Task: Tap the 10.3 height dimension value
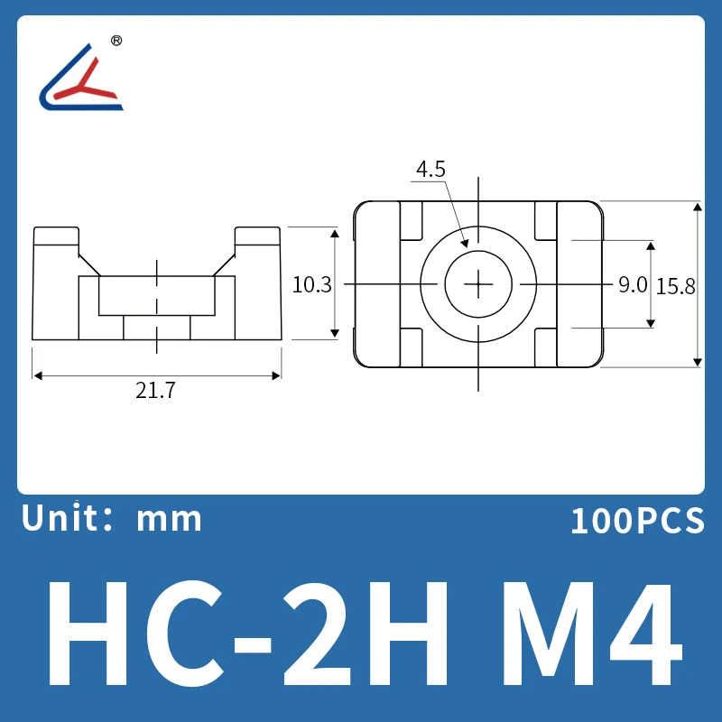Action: pos(312,284)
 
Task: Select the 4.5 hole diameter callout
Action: pos(430,169)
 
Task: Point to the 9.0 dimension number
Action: pos(633,285)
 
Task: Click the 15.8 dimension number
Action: pos(676,286)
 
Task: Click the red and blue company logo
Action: pos(81,79)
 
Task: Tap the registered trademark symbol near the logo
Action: pos(116,41)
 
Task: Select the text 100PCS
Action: pos(636,521)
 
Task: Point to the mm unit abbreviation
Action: pos(169,519)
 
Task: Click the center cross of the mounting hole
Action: pos(477,284)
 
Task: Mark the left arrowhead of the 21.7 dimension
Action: pos(37,375)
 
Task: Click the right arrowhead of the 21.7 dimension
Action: pos(277,375)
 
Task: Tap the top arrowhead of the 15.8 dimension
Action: pos(697,207)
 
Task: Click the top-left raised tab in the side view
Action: pos(57,236)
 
